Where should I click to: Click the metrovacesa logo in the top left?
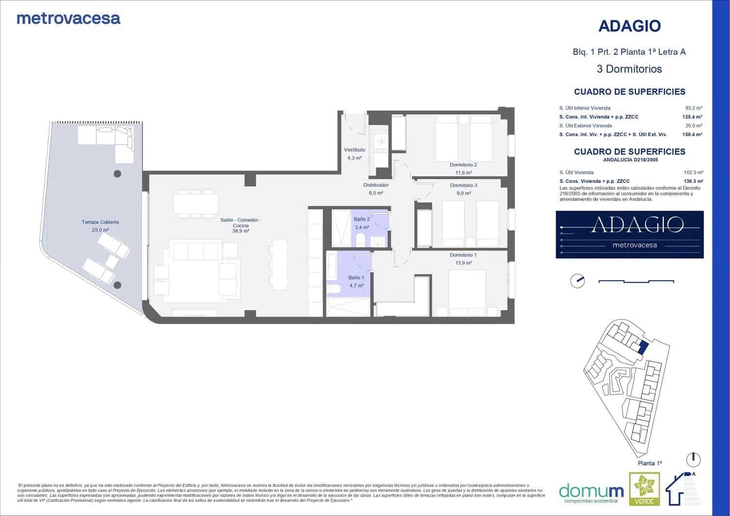tap(68, 18)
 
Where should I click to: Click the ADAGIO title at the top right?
tap(629, 26)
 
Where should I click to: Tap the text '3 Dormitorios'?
tap(629, 69)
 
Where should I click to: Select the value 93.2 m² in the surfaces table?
tap(693, 108)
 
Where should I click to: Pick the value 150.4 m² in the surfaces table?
tap(692, 135)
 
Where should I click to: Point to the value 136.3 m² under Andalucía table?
tap(693, 181)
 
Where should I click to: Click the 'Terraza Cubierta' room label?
tap(100, 222)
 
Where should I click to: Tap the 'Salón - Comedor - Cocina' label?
tap(240, 223)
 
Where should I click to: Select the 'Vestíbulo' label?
tap(354, 150)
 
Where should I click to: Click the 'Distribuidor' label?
tap(376, 185)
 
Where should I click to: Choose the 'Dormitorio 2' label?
tap(463, 165)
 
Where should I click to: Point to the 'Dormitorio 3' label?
tap(463, 185)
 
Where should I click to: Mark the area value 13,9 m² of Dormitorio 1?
tap(463, 263)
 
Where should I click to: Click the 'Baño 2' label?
tap(362, 220)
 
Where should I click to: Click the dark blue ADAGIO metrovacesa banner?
tap(629, 234)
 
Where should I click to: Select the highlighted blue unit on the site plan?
tap(642, 347)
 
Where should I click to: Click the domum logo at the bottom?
tap(591, 491)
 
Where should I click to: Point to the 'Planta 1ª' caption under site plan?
tap(649, 463)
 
